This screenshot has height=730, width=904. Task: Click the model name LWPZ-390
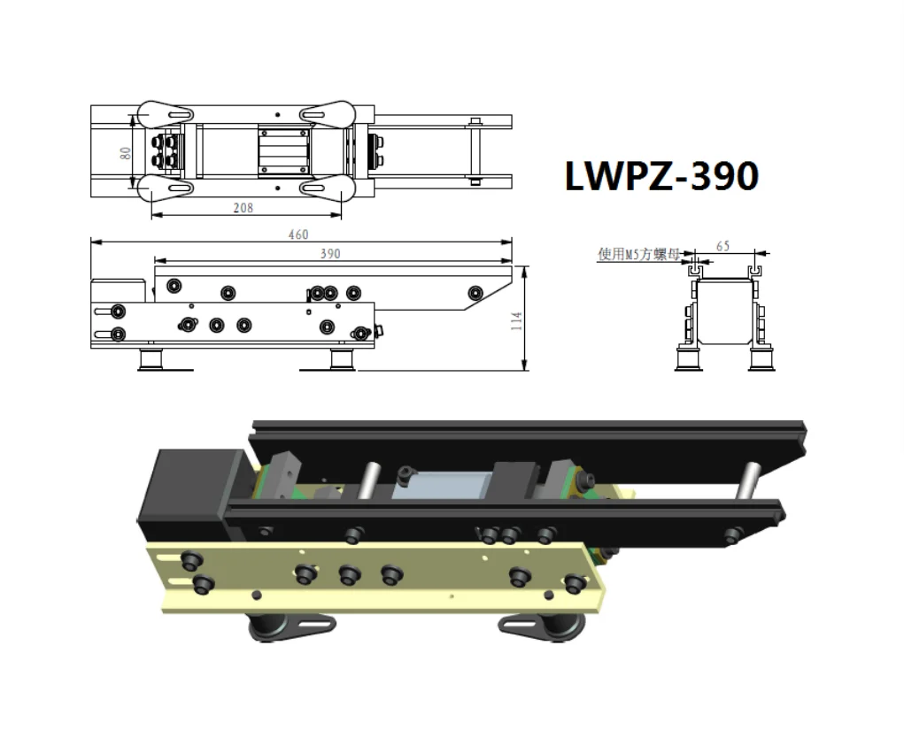point(661,176)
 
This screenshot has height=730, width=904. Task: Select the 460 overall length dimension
point(298,234)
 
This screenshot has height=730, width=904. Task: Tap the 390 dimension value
point(329,254)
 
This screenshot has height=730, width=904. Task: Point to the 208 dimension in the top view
point(243,208)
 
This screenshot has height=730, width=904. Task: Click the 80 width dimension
point(126,152)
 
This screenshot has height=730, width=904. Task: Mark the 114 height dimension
point(517,320)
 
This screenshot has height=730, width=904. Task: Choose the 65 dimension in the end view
point(722,246)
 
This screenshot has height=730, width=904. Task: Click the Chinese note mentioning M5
point(637,254)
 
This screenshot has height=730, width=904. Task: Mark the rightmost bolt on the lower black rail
point(732,535)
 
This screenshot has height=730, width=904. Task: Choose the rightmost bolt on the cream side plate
point(574,584)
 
